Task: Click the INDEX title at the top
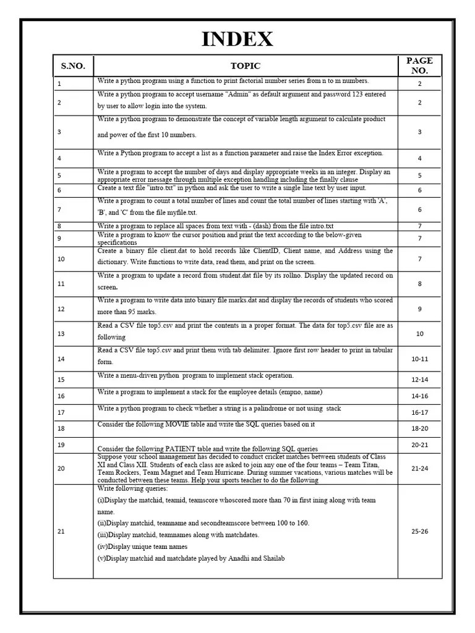point(237,39)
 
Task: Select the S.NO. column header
point(73,66)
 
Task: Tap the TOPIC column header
point(246,66)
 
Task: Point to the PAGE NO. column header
point(419,66)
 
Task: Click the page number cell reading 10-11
point(419,359)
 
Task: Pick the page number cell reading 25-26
point(419,531)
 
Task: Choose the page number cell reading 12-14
point(419,380)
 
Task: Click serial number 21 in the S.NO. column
point(61,531)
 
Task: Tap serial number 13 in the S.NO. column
point(61,334)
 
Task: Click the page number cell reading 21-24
point(419,469)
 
